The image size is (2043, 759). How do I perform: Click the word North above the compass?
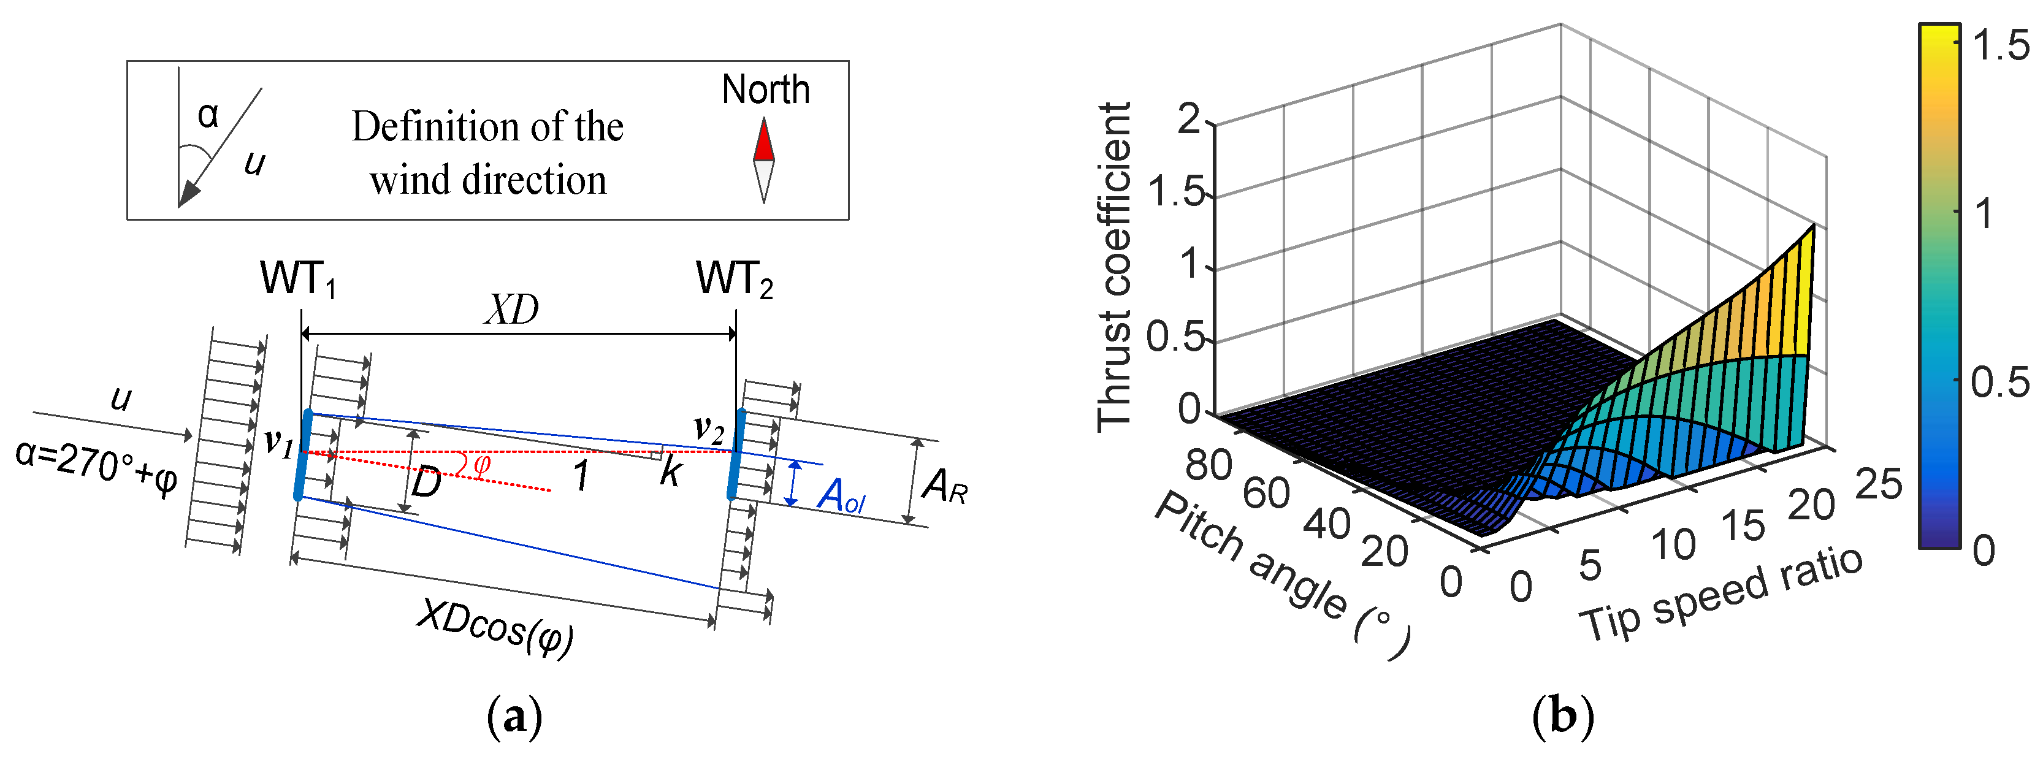click(765, 90)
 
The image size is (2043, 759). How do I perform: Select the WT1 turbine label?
click(298, 279)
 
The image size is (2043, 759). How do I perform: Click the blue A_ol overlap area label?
click(841, 497)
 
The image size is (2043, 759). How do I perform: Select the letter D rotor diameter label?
click(426, 482)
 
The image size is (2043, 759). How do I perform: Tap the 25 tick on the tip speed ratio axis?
click(1878, 484)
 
